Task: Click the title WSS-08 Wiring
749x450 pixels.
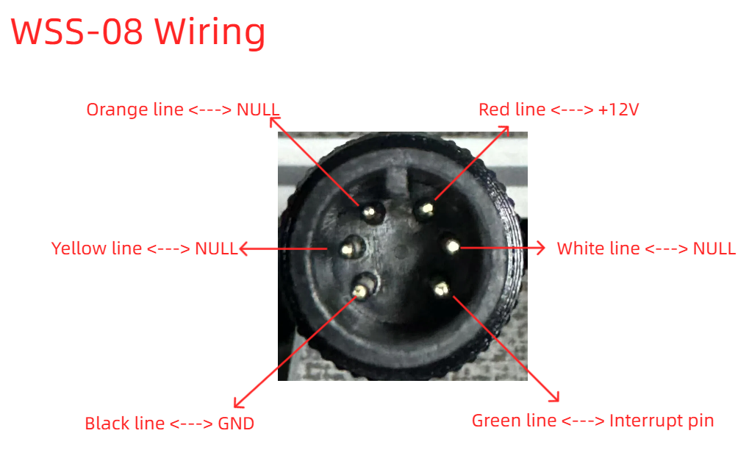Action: [137, 32]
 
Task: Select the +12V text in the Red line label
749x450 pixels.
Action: [618, 110]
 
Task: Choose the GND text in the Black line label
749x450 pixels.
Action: [236, 424]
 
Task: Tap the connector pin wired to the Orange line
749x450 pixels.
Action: [370, 212]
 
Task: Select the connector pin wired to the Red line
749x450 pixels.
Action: [425, 209]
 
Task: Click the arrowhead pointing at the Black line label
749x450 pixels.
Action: [238, 403]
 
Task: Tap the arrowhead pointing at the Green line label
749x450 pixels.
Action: [555, 396]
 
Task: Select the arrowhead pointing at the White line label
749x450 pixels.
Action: [540, 248]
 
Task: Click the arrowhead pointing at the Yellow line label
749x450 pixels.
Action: [244, 249]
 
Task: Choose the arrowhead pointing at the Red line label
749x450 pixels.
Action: [504, 130]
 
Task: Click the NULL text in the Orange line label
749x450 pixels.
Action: [258, 110]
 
